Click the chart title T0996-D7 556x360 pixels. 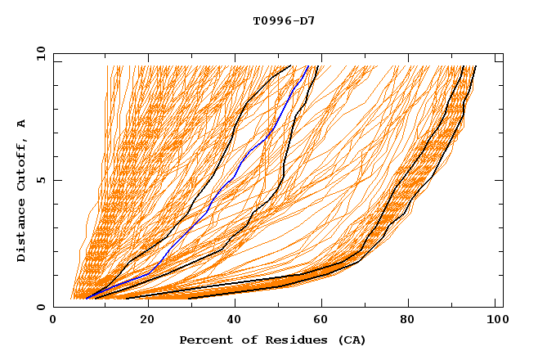(284, 21)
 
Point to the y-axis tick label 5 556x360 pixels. (42, 180)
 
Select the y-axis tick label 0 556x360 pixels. (42, 307)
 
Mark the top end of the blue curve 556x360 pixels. (307, 66)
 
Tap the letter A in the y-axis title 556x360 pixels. (22, 124)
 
